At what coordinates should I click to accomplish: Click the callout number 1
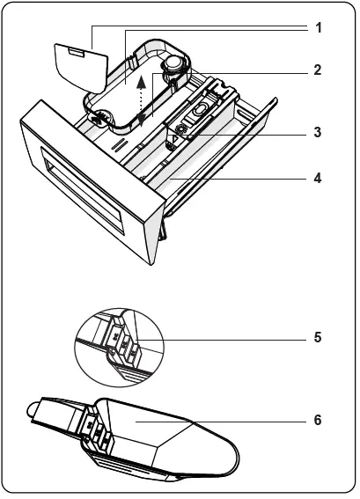tap(318, 27)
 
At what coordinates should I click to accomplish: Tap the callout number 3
tap(318, 134)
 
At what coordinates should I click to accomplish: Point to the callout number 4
tap(318, 178)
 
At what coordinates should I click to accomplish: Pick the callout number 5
tap(318, 337)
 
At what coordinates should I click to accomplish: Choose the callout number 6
tap(318, 421)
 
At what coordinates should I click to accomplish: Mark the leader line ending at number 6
tap(220, 421)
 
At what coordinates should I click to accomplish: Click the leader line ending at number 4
tap(238, 178)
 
